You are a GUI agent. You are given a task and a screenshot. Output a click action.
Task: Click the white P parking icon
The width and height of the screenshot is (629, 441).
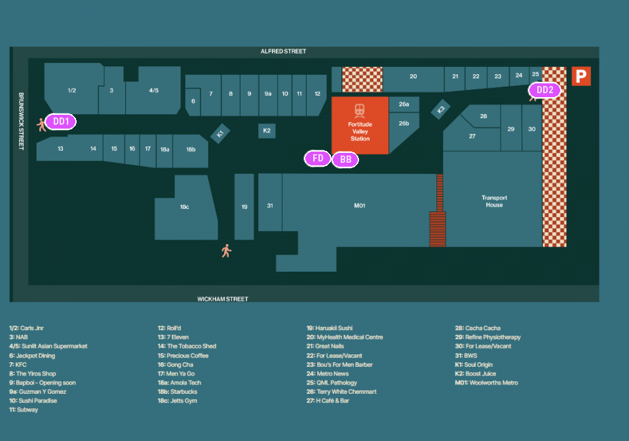[581, 76]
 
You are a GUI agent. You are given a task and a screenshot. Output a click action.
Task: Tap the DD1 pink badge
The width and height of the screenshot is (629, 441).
[61, 121]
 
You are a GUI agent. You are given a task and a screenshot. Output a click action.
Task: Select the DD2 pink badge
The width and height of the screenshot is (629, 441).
[544, 91]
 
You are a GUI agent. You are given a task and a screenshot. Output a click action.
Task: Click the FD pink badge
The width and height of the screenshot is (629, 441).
[318, 158]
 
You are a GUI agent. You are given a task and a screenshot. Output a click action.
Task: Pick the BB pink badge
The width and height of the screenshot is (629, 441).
[345, 159]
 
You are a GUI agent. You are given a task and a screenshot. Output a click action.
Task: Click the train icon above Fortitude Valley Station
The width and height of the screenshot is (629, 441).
[360, 110]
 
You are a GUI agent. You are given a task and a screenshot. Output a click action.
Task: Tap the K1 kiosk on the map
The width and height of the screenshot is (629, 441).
[220, 133]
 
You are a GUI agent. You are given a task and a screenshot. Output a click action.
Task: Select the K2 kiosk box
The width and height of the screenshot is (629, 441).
[267, 131]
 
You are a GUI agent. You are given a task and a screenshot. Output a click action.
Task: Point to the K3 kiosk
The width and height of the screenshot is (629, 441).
[441, 110]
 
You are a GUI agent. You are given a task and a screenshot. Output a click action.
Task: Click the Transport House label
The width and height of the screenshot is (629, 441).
[494, 201]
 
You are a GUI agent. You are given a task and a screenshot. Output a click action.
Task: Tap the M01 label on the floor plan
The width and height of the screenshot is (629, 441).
[359, 206]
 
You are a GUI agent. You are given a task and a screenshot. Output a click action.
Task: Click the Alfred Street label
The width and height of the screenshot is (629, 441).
[283, 51]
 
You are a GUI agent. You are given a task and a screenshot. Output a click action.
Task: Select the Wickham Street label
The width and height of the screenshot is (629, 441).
[223, 299]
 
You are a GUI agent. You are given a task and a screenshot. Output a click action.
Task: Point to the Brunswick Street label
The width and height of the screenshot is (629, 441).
[21, 121]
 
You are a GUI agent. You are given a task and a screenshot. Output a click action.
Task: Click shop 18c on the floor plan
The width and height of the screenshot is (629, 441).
[184, 207]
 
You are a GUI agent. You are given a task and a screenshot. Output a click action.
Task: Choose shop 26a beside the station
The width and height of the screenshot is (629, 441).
[404, 104]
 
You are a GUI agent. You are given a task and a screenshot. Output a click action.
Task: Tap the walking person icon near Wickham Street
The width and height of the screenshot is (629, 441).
[226, 251]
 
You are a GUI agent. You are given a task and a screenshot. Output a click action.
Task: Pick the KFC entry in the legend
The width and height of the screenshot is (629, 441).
[20, 364]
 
